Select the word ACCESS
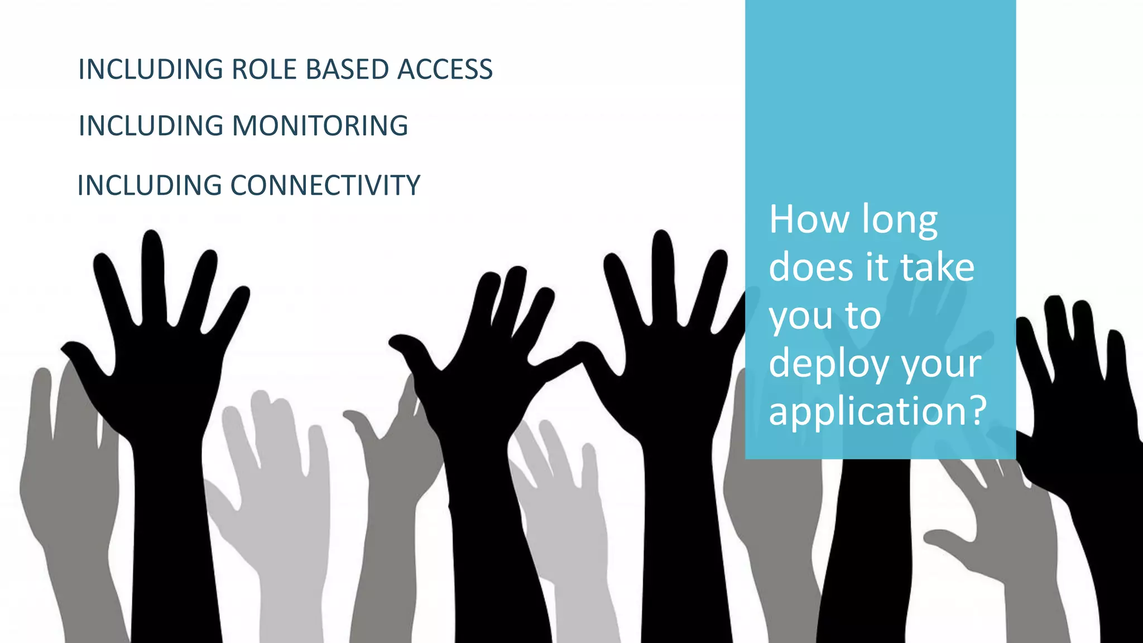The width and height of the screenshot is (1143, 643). click(x=445, y=70)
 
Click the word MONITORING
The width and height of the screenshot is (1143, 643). click(x=320, y=126)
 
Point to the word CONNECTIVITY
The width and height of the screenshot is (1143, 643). click(x=325, y=185)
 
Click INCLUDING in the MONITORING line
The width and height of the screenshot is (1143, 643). click(x=151, y=126)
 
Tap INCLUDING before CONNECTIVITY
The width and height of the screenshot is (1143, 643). click(x=150, y=185)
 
